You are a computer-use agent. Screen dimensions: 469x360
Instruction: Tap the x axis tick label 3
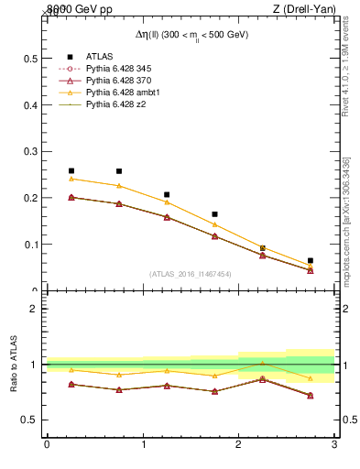coord(334,444)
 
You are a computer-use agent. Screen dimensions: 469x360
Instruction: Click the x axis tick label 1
coord(143,444)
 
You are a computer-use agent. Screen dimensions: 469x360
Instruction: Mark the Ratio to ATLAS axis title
coord(14,365)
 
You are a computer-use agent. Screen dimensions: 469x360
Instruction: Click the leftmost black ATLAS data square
coord(71,170)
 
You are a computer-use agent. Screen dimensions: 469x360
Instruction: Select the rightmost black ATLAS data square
coord(311,260)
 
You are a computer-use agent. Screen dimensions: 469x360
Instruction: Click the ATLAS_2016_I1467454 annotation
coord(191,274)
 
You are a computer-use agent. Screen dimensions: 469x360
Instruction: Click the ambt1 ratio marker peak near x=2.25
coord(262,364)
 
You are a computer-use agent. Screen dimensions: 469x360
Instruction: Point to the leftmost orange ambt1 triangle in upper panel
coord(71,179)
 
